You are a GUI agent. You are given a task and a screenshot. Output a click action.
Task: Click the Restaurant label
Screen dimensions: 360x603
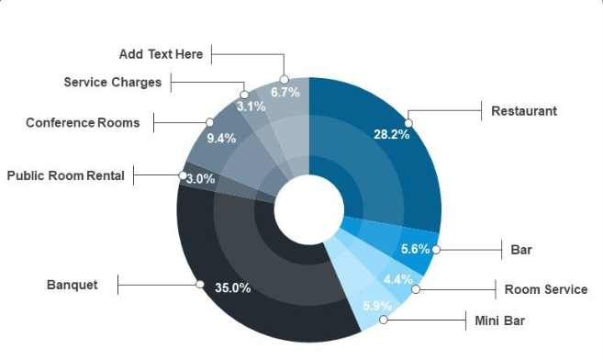pos(523,111)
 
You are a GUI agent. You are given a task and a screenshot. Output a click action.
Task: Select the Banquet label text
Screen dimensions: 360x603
pos(72,285)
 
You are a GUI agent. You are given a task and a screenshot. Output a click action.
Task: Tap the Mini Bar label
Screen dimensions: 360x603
pos(501,321)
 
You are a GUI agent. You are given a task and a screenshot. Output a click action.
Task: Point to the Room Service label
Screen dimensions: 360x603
pos(545,289)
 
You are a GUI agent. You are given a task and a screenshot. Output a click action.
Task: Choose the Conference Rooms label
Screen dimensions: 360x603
pos(83,122)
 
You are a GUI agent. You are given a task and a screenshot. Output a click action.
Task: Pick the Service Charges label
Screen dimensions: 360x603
pos(112,82)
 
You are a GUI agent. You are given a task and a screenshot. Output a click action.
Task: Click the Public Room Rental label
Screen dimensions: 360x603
pos(65,174)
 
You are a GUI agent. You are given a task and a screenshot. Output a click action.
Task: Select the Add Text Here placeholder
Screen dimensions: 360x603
pos(161,54)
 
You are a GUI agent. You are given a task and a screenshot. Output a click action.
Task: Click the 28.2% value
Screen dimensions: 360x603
pos(391,133)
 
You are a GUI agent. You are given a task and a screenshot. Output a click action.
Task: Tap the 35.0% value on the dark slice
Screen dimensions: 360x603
pos(232,287)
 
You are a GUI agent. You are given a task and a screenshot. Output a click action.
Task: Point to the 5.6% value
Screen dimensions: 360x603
pos(416,248)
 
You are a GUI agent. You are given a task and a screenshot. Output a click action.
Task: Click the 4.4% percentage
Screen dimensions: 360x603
pos(397,279)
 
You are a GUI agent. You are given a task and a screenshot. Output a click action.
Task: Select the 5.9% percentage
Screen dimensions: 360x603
pos(377,306)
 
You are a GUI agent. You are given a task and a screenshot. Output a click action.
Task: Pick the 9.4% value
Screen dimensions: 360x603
pos(221,138)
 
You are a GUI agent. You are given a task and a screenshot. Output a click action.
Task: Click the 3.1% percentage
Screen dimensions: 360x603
pos(251,106)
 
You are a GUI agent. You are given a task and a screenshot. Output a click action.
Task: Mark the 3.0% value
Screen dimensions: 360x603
pos(200,179)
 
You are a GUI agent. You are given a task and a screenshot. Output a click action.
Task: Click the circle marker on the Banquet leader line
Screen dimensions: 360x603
pos(199,285)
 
